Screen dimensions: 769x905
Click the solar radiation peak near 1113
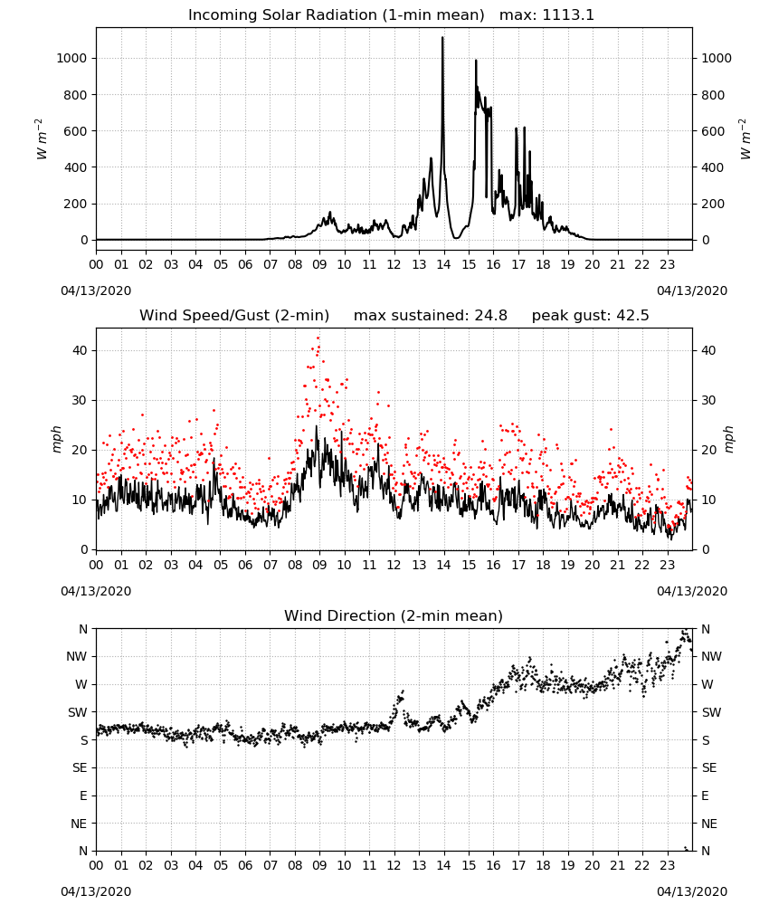pos(442,37)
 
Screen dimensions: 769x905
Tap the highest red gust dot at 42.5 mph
pos(318,338)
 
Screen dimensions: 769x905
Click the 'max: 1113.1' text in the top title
pos(546,15)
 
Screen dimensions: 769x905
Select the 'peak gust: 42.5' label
pos(590,316)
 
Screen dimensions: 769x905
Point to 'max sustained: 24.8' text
pos(431,316)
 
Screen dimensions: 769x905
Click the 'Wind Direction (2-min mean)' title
pos(394,615)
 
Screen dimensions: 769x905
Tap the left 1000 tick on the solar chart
pos(71,58)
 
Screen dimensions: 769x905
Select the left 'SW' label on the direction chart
pos(77,712)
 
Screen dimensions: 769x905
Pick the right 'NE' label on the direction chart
pos(709,824)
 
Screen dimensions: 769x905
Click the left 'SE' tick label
pos(80,767)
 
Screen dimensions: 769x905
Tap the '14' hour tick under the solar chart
pos(443,265)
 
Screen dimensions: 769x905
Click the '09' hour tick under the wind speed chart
pos(319,565)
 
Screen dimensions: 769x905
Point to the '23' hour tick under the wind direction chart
pos(667,865)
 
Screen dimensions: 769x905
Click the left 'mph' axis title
pos(56,439)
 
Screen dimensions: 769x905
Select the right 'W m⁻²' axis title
pos(745,139)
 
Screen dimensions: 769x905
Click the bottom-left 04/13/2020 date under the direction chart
pos(96,891)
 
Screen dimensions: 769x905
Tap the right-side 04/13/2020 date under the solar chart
pos(692,291)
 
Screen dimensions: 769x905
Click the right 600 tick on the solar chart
pos(713,131)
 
